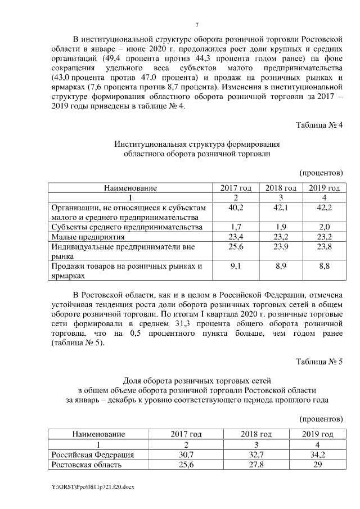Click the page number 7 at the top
coord(197,24)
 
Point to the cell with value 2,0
coord(324,227)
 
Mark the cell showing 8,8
coord(324,266)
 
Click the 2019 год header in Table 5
coord(318,434)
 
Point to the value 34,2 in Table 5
coord(318,454)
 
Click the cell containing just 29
coord(318,465)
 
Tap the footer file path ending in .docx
coord(89,485)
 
